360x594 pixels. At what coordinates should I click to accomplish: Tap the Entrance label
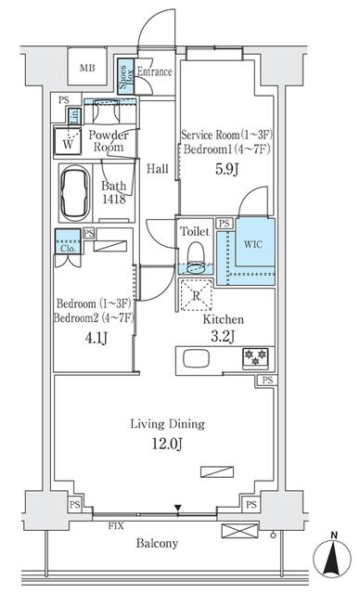point(154,71)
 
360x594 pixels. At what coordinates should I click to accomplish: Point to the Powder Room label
point(109,141)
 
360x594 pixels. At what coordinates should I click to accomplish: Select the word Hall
point(157,169)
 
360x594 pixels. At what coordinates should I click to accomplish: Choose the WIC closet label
point(252,245)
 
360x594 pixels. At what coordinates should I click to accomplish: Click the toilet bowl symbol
point(194,253)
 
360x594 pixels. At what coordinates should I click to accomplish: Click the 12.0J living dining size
point(167,443)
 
